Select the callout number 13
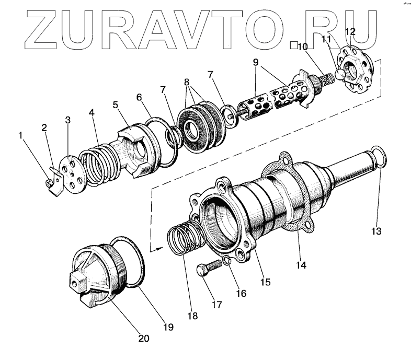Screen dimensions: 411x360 tap(377, 230)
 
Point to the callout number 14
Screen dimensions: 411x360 tap(300, 265)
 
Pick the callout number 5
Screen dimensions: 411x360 tap(116, 104)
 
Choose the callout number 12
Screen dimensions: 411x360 tap(350, 31)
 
